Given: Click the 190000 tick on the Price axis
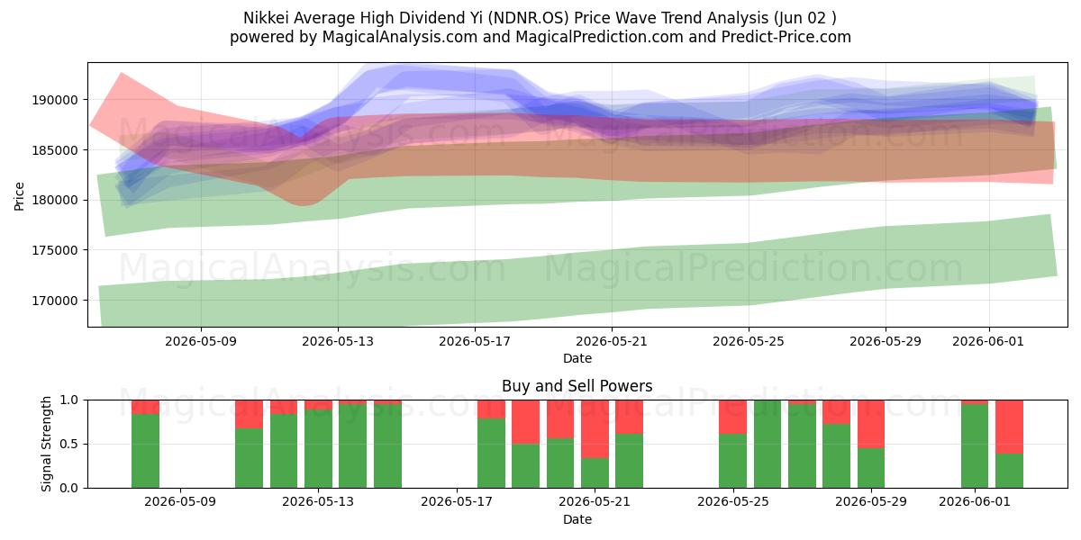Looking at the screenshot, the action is coord(55,100).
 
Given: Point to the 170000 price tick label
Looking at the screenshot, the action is coord(55,301).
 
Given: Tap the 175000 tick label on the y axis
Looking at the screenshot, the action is coord(55,251).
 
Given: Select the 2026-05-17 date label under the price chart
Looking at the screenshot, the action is coord(475,341).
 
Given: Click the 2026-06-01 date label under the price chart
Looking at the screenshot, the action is coord(988,341).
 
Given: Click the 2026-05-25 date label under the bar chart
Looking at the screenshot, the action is coord(733,502).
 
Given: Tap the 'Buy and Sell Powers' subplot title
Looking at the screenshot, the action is coord(577,386).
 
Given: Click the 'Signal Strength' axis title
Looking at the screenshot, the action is coord(46,444).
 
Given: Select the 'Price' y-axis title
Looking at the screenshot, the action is coord(19,196).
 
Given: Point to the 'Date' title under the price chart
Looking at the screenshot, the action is coord(577,359).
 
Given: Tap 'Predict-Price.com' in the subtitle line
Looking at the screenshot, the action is coord(786,37).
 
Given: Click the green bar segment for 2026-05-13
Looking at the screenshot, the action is coord(318,449).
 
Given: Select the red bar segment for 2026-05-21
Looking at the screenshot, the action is coord(595,429).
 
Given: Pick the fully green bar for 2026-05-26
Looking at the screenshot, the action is coord(768,444).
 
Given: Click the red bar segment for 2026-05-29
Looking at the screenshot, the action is coord(871,424).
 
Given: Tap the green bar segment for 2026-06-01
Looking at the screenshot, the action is coord(975,446).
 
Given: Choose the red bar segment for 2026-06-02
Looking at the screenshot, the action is coord(1009,427).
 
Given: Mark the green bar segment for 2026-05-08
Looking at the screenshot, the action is coord(145,451).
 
